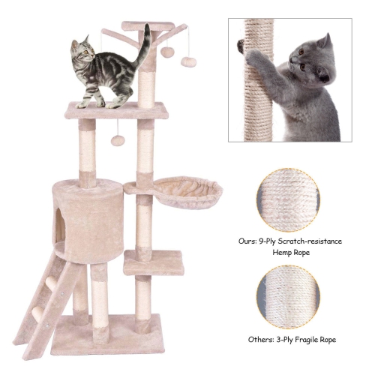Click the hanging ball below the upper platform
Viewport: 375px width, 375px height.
117,140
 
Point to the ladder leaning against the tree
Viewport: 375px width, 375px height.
46,300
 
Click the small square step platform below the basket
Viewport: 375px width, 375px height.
154,262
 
